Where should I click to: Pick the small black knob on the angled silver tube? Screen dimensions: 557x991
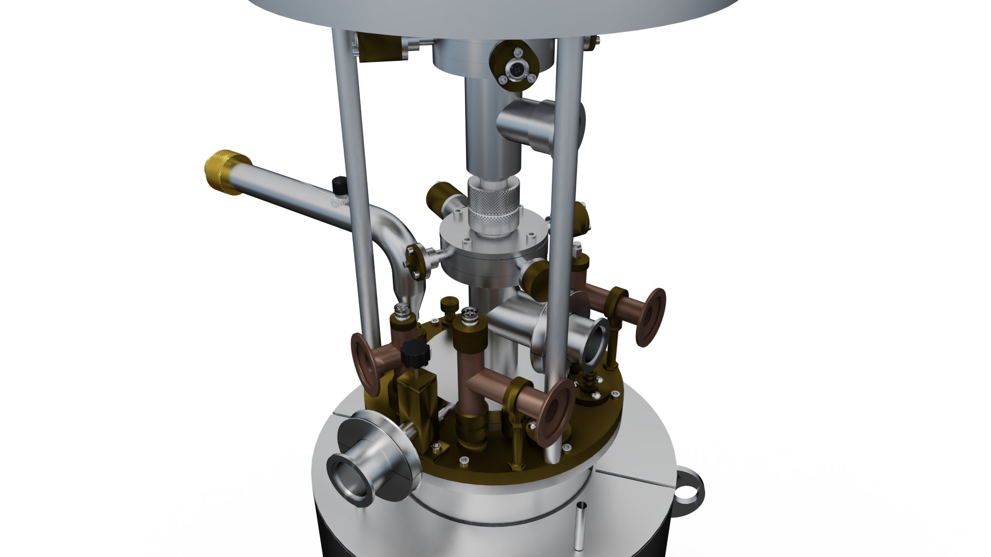(x=339, y=183)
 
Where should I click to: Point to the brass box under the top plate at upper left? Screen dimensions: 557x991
(x=379, y=46)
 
